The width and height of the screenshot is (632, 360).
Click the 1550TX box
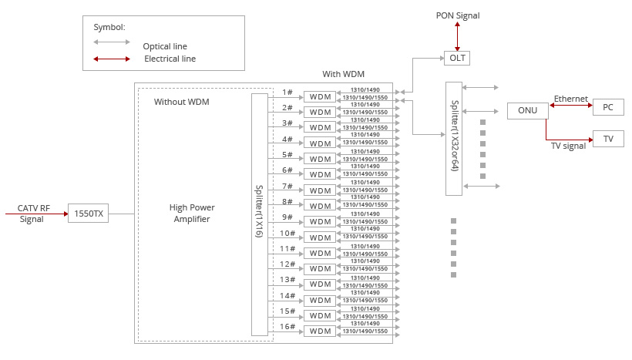(88, 214)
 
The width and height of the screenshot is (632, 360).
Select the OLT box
(456, 58)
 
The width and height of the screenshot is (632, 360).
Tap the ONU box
(527, 110)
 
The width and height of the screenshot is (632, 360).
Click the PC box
(607, 107)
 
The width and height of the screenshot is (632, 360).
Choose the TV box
(607, 139)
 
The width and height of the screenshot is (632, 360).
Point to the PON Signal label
(458, 15)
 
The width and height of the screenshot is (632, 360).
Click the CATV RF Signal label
(33, 213)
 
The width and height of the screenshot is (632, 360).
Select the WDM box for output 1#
(319, 96)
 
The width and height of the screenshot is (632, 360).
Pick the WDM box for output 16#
(319, 331)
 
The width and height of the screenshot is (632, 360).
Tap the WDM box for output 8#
(319, 206)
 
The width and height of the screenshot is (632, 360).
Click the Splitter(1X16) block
(260, 214)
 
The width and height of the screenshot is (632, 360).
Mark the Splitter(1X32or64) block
(454, 136)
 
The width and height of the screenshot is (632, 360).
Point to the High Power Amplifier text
(192, 214)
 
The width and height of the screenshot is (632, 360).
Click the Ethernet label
(570, 99)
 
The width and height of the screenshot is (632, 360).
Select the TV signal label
(567, 145)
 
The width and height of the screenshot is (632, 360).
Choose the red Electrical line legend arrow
(112, 59)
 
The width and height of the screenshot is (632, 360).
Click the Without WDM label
(181, 102)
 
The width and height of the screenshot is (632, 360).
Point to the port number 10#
(287, 233)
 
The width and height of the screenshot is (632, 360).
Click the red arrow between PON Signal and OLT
(457, 36)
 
